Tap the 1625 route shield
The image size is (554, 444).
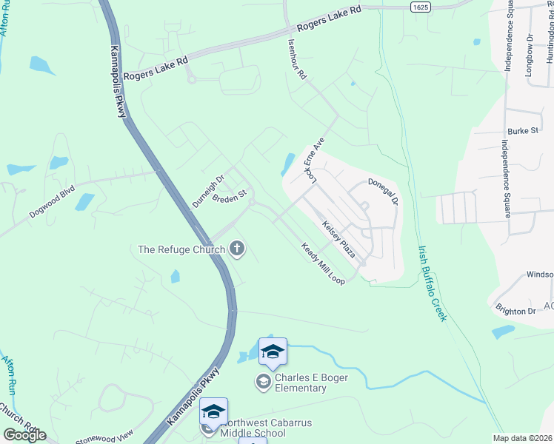(420, 6)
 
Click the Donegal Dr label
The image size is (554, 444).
(383, 191)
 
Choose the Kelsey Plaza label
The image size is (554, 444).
(338, 239)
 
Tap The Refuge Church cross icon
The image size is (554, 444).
(237, 248)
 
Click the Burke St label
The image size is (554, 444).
(522, 131)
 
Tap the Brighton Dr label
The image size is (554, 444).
(516, 312)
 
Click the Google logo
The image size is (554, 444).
(24, 435)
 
